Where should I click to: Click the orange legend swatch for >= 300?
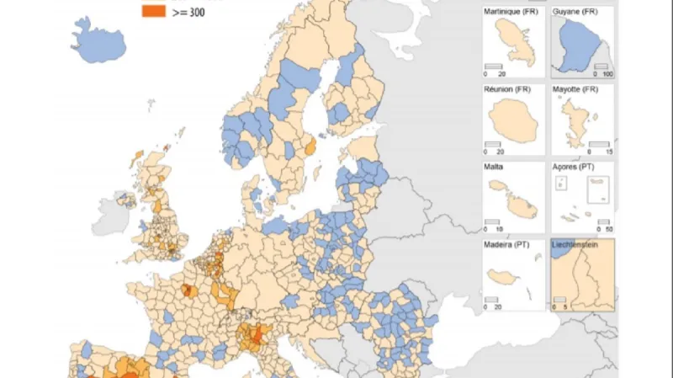(x=153, y=11)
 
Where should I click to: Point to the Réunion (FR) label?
(x=510, y=88)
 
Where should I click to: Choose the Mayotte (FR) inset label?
(x=576, y=88)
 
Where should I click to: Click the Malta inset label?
(x=495, y=167)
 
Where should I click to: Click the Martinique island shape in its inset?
(x=515, y=45)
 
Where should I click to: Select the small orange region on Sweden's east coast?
(x=309, y=149)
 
